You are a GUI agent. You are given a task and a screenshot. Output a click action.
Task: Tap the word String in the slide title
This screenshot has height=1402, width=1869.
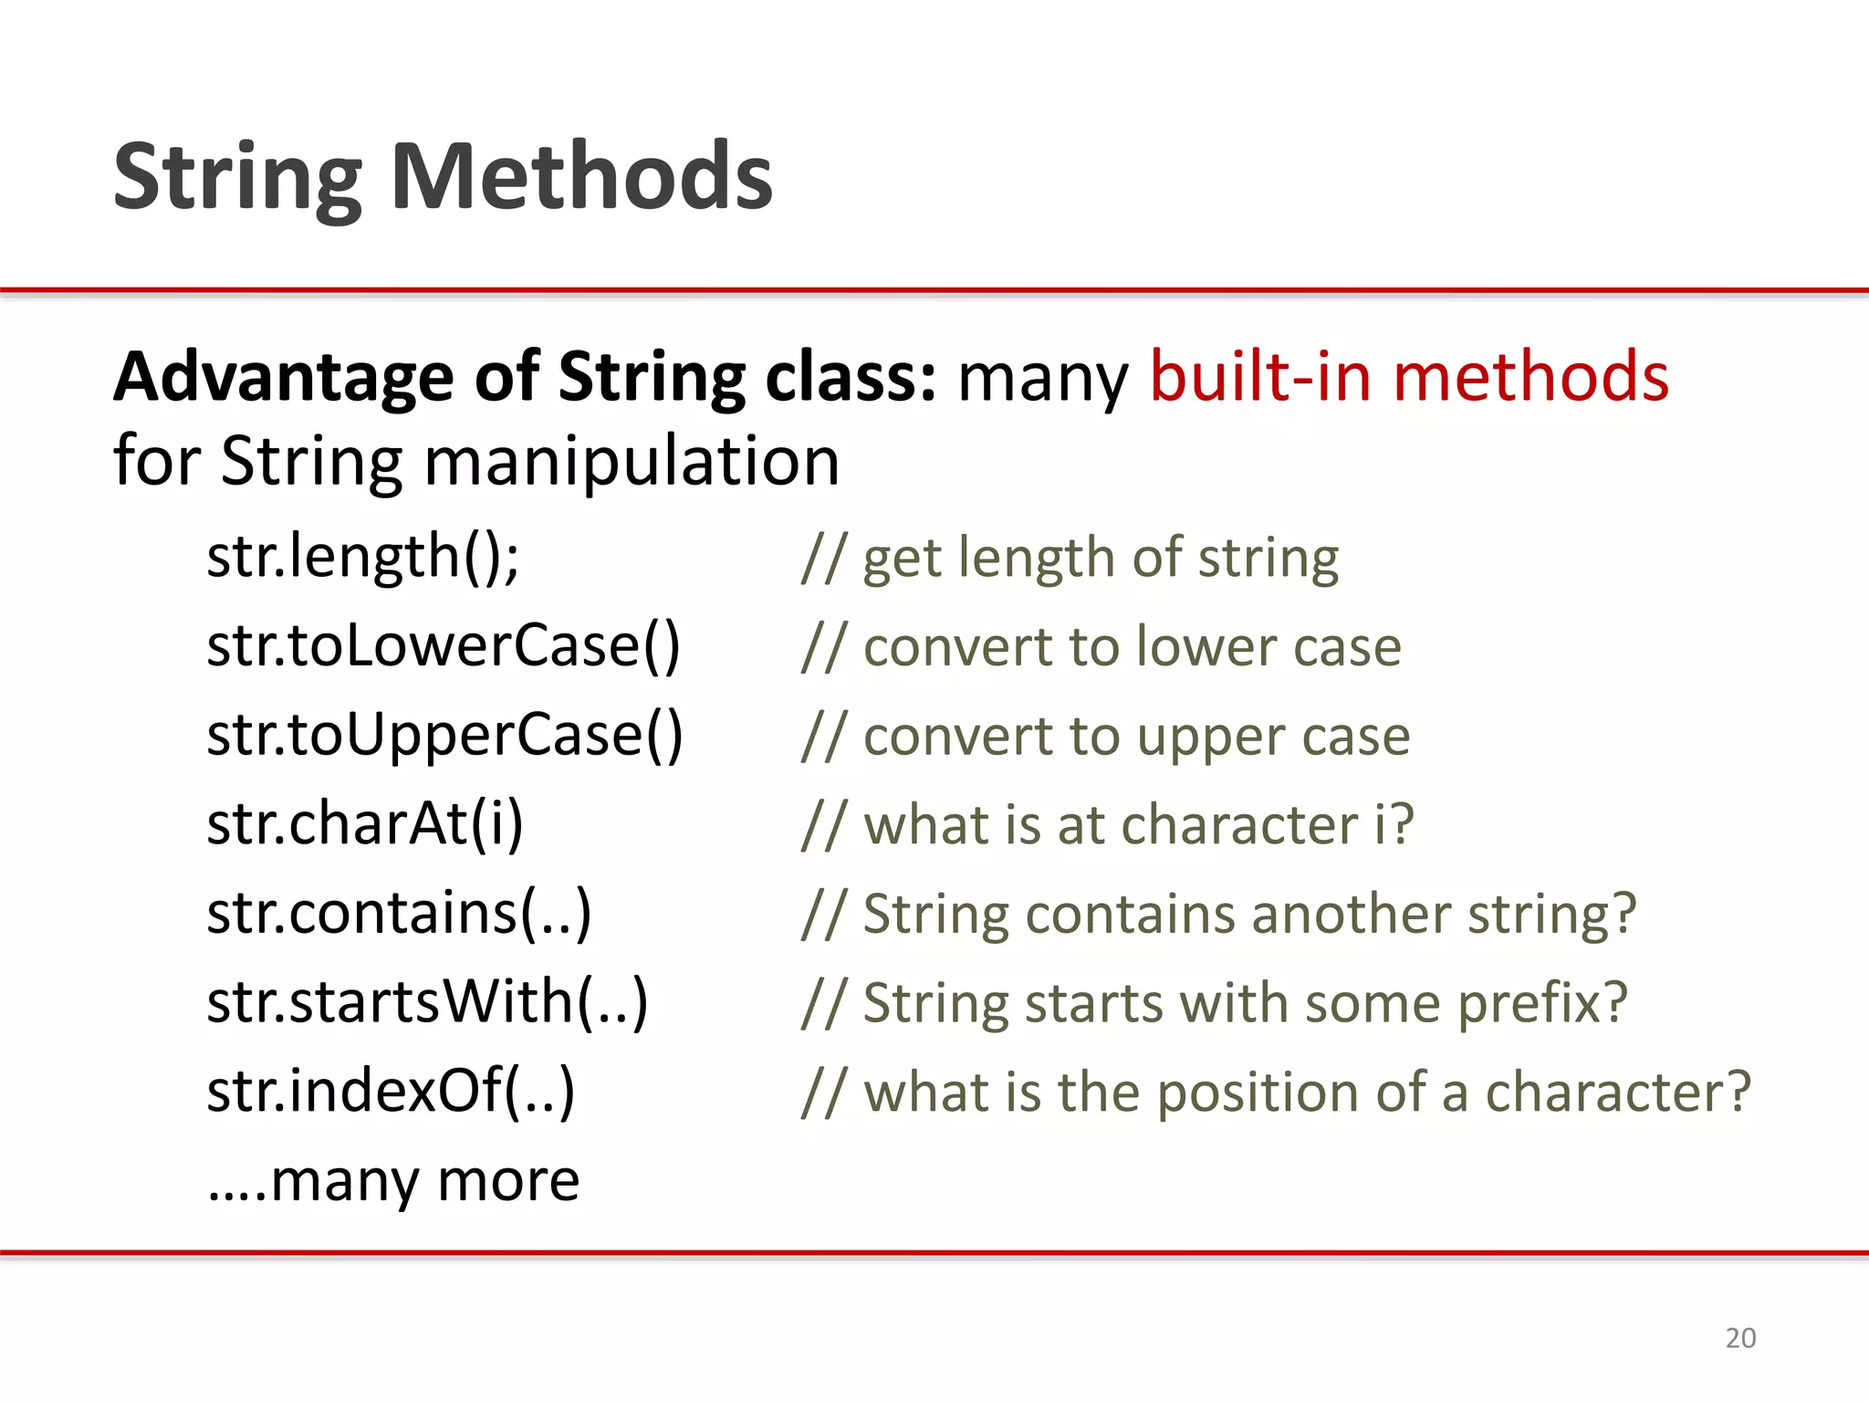[x=238, y=178]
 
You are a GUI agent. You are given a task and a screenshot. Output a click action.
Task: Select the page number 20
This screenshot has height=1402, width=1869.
[x=1740, y=1337]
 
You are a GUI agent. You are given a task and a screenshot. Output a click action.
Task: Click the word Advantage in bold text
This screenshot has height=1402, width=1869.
[x=283, y=378]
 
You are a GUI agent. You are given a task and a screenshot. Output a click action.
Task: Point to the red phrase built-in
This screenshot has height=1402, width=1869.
[x=1259, y=376]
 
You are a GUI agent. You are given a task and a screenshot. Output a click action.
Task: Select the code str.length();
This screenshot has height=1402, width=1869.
[x=363, y=556]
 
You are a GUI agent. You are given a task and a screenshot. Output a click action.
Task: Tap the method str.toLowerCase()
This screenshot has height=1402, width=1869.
[x=444, y=645]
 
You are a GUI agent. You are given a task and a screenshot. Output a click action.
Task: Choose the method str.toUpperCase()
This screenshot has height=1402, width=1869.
[x=444, y=735]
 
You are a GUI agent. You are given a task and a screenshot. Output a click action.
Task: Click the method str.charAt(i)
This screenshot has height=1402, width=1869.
[x=365, y=824]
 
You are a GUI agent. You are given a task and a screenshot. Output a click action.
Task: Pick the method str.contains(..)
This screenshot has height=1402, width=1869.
[x=399, y=913]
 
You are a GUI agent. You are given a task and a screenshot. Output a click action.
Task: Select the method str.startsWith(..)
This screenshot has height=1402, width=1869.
[x=427, y=1002]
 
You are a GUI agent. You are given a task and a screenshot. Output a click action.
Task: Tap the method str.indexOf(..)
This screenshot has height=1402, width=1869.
[x=391, y=1091]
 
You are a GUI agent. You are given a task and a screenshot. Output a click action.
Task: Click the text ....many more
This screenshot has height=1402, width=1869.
[x=393, y=1180]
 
